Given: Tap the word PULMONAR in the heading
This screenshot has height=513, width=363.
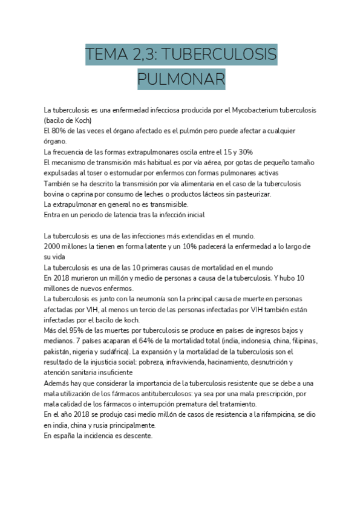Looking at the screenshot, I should click(181, 79).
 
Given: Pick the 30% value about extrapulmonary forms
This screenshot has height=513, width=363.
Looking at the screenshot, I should click(245, 152).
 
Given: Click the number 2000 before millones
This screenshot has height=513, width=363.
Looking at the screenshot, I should click(53, 246).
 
